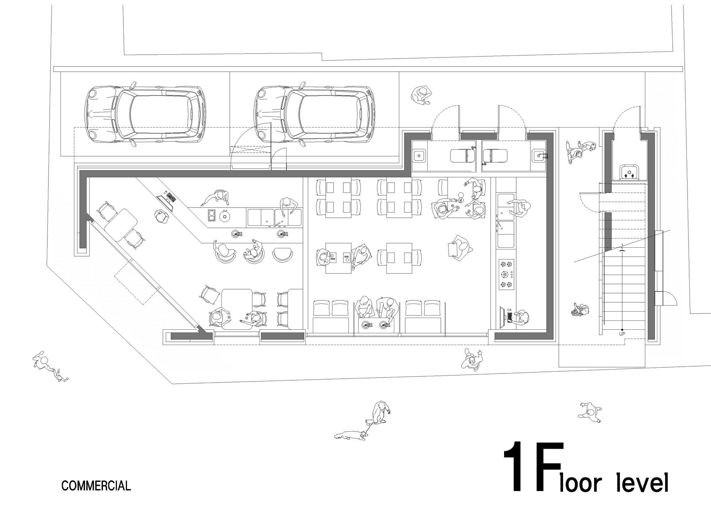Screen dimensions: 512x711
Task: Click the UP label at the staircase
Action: click(x=622, y=334)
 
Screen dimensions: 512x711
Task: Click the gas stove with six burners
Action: click(x=506, y=274)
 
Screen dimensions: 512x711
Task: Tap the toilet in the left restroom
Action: click(x=463, y=156)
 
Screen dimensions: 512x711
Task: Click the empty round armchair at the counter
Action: click(x=283, y=255)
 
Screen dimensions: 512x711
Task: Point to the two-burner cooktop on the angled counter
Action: click(x=211, y=215)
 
